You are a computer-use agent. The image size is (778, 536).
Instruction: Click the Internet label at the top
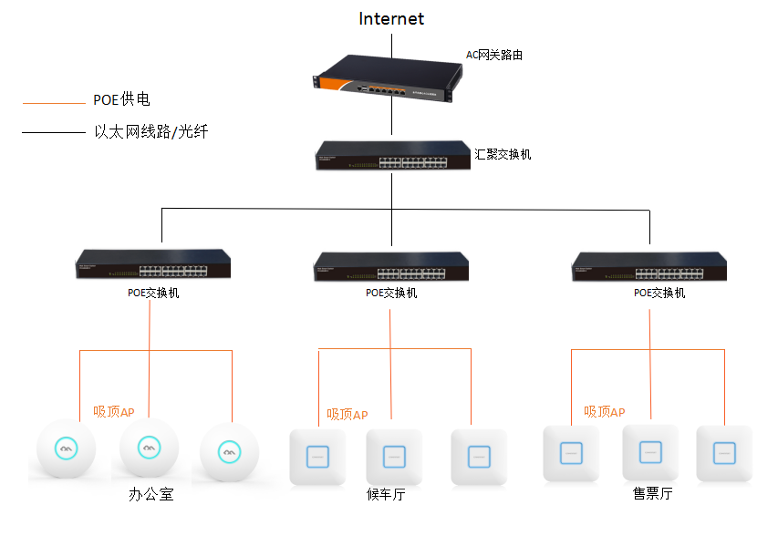point(391,18)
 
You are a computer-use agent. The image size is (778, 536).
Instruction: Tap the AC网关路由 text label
point(494,55)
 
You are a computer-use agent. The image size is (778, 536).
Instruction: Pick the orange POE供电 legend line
point(53,102)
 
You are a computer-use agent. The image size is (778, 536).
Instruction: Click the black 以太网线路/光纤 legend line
point(53,133)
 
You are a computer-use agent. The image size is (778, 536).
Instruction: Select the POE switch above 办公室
point(152,264)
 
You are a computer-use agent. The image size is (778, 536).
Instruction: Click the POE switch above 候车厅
point(390,265)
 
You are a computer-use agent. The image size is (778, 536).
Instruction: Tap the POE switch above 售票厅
point(649,265)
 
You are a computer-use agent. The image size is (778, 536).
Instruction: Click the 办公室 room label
point(150,496)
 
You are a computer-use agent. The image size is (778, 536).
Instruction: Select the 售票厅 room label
point(652,494)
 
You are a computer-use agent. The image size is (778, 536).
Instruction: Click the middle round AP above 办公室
point(149,448)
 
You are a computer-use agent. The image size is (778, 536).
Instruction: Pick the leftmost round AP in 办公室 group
point(66,448)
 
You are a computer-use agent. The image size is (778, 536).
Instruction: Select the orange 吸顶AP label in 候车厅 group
point(348,415)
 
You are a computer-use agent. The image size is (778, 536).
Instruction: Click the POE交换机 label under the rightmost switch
point(659,294)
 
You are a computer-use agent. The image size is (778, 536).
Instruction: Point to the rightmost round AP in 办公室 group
point(230,450)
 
